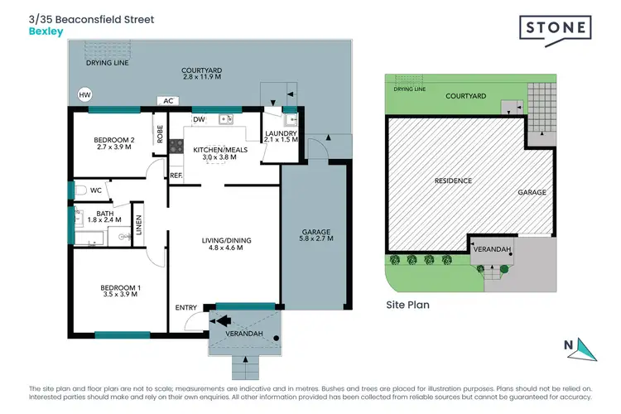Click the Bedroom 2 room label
pyautogui.click(x=110, y=144)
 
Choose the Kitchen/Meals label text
pyautogui.click(x=214, y=152)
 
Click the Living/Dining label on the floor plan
pyautogui.click(x=225, y=245)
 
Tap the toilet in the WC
pyautogui.click(x=80, y=190)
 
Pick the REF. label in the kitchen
pyautogui.click(x=176, y=175)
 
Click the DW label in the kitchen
pyautogui.click(x=199, y=119)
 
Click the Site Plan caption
pyautogui.click(x=407, y=304)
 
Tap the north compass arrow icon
pyautogui.click(x=586, y=349)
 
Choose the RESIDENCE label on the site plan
pyautogui.click(x=453, y=180)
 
